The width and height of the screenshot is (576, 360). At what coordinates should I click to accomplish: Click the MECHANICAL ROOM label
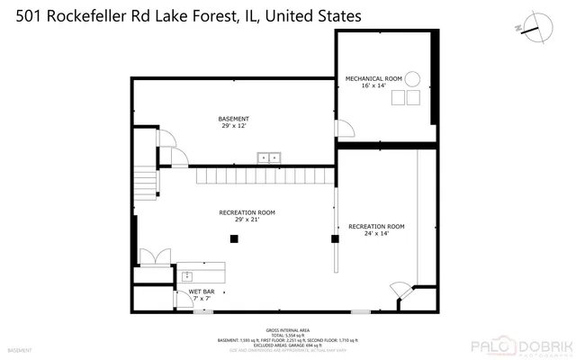point(367,83)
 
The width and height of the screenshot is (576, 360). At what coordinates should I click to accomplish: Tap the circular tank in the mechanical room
point(412,78)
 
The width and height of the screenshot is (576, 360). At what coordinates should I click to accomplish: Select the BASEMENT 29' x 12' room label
point(234,123)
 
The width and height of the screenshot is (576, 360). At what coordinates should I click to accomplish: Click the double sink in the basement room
point(269,157)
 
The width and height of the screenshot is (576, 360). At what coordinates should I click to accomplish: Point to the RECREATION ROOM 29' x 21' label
point(247,216)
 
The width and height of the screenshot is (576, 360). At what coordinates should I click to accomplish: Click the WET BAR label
point(201,294)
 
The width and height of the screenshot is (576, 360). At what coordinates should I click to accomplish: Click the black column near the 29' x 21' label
point(234,238)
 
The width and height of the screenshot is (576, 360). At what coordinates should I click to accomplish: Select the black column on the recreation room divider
point(335,239)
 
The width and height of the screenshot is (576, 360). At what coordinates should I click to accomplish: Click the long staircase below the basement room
point(261,175)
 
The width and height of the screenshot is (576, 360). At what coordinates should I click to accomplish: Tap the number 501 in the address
point(21,15)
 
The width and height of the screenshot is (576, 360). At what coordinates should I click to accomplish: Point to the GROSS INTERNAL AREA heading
point(287,330)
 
